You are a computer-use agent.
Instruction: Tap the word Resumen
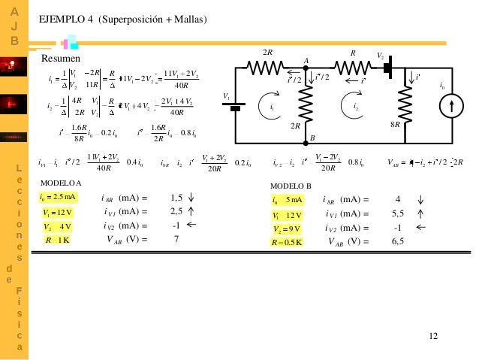point(56,58)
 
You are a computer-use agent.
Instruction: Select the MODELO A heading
point(61,183)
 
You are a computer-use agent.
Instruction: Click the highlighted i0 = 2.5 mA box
point(58,197)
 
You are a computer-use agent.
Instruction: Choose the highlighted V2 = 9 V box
point(288,228)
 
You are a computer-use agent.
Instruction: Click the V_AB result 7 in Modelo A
point(176,241)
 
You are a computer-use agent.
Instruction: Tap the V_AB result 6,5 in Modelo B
point(398,242)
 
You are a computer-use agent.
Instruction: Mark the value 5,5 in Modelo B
point(398,214)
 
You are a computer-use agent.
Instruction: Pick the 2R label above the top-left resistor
point(267,52)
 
